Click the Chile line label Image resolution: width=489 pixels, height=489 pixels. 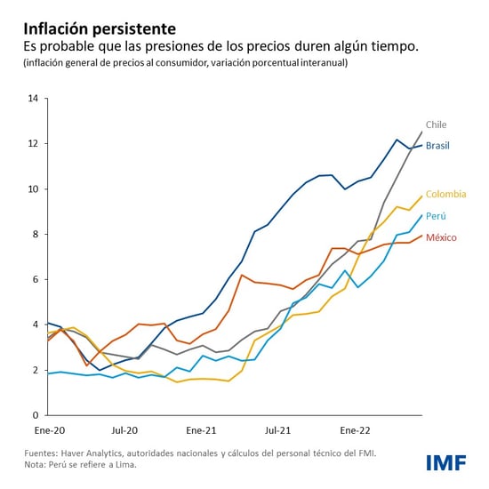tap(436, 124)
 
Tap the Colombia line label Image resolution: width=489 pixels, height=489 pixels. tap(445, 194)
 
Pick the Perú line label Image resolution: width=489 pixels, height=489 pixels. tap(437, 216)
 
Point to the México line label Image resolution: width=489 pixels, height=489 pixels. tap(441, 238)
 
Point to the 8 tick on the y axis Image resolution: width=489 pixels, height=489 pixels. tap(35, 235)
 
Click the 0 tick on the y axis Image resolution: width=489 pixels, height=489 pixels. tap(35, 415)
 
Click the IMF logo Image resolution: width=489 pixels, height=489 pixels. tap(447, 462)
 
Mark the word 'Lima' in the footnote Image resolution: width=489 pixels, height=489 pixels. tap(119, 463)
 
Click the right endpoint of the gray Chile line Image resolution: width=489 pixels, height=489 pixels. tap(421, 132)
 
